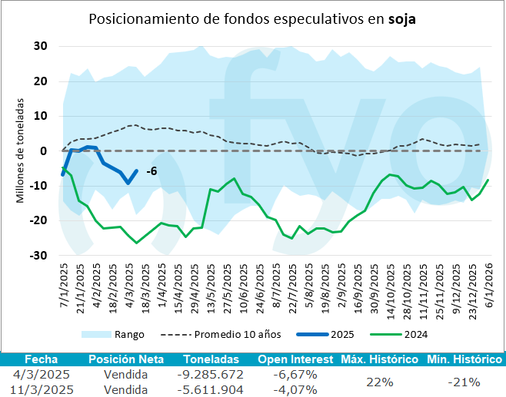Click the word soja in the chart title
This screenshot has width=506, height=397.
[401, 18]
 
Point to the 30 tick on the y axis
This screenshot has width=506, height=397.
[41, 46]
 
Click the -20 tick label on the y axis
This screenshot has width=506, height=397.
[38, 220]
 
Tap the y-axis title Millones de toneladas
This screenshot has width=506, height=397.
[20, 151]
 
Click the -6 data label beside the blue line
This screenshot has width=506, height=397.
[151, 170]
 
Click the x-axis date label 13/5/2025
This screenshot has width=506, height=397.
[211, 285]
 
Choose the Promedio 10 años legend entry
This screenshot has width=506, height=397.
[235, 334]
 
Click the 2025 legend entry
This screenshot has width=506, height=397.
[342, 334]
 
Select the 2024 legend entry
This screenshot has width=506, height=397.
[414, 334]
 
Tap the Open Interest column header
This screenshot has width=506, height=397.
[295, 359]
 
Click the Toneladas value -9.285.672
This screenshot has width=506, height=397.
[210, 375]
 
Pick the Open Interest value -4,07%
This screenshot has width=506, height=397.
[295, 389]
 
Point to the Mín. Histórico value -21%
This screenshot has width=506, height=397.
[464, 382]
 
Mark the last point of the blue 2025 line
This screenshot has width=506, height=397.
[137, 171]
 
